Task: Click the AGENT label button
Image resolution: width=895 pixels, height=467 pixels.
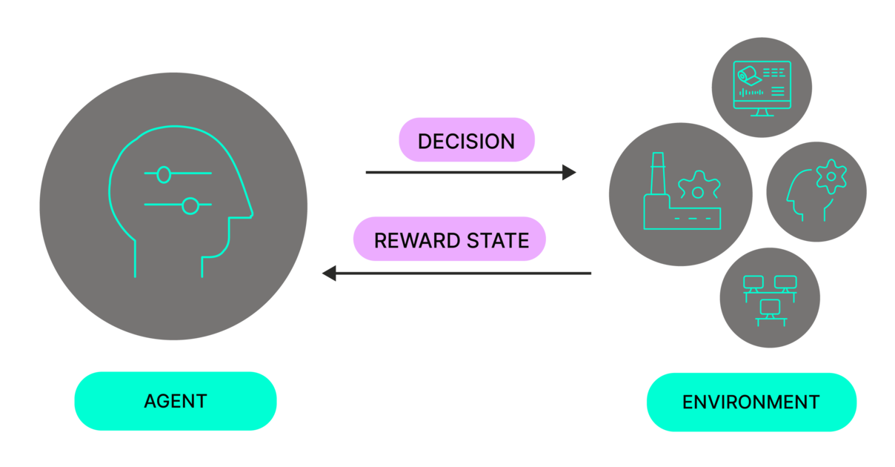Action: [x=176, y=401]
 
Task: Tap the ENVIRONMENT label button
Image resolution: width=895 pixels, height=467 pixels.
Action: [x=751, y=403]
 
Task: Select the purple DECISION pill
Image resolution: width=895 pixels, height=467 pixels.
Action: [x=466, y=140]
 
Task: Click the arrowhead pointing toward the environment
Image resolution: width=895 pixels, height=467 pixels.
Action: [x=570, y=173]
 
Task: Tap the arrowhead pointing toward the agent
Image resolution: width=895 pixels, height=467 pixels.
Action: [x=329, y=274]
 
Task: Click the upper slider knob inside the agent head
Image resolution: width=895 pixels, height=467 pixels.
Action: [x=164, y=175]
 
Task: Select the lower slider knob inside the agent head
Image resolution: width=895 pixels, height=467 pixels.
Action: [x=190, y=206]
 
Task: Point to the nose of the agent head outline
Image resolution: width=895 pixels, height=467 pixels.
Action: [x=250, y=213]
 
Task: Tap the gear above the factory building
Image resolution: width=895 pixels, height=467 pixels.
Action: [x=697, y=187]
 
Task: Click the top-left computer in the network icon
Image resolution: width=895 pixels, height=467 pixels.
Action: [x=753, y=282]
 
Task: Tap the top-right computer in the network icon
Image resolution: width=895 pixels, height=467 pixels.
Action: [x=785, y=282]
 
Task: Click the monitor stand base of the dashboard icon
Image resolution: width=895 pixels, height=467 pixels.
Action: [x=761, y=114]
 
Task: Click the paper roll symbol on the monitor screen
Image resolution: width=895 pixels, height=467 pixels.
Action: [x=746, y=74]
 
